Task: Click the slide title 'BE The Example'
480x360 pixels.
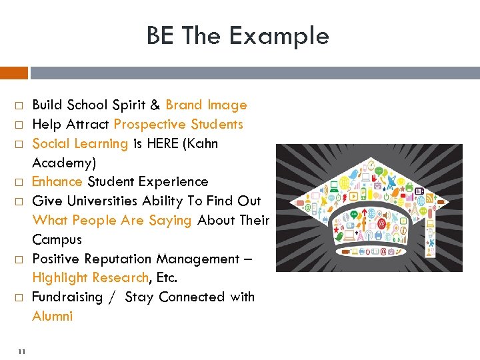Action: pos(238,36)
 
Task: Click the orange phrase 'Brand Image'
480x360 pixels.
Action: pos(206,105)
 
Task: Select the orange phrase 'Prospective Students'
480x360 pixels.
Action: pos(179,125)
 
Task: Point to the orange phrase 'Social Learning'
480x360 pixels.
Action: pos(80,144)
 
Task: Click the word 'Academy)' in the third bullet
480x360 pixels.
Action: pos(64,163)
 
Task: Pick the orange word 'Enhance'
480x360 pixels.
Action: pos(57,182)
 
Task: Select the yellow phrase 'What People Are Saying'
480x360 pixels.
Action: pos(112,221)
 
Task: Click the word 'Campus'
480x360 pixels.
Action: pos(57,239)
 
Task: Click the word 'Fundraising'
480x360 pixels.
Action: pos(67,297)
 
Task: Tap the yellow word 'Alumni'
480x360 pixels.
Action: pos(53,317)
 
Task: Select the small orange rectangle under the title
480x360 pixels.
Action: pos(14,73)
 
